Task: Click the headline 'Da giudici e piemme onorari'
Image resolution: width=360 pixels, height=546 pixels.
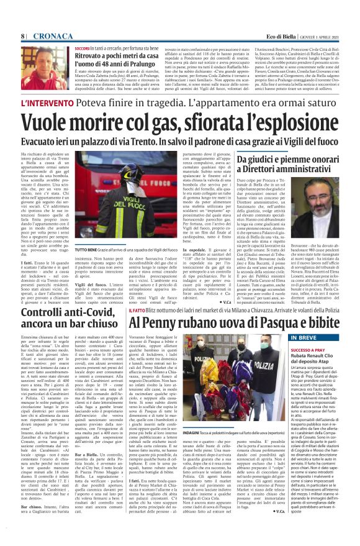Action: [x=298, y=161]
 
